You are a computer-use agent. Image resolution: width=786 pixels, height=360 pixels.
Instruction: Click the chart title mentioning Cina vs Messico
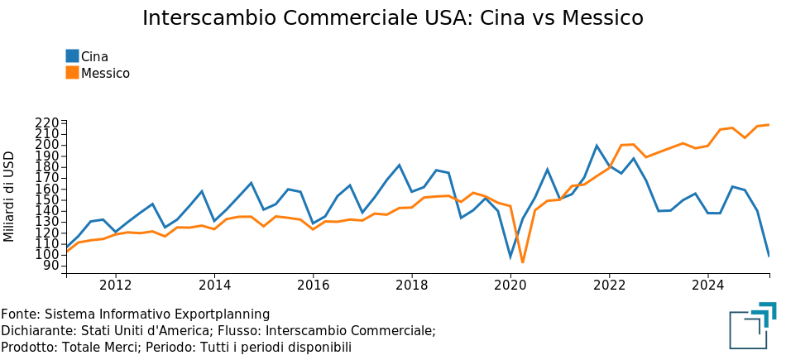pos(392,18)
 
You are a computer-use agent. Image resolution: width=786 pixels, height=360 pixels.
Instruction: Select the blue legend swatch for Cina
pos(72,56)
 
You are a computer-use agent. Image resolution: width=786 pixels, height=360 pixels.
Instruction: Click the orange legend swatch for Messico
pos(72,73)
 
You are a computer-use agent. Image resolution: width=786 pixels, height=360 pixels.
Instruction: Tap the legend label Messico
pos(105,73)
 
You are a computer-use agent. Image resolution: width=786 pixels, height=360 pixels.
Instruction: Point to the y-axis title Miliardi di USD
pos(10,196)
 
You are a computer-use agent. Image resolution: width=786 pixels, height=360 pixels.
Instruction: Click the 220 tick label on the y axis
pos(47,123)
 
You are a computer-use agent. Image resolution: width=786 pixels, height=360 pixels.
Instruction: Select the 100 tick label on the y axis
pos(47,254)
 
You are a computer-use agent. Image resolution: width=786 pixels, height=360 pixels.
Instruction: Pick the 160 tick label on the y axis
pos(47,189)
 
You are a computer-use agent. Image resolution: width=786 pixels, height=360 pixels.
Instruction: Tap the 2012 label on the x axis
pos(115,286)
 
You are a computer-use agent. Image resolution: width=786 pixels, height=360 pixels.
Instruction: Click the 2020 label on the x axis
pos(510,286)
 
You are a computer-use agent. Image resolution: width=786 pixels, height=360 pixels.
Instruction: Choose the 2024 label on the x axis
pos(708,286)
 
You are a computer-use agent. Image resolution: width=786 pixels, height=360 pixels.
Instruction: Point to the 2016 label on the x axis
pos(313,286)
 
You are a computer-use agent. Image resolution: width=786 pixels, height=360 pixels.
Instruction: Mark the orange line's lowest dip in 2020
pos(522,262)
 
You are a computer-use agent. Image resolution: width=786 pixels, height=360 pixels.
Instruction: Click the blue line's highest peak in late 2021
pos(597,146)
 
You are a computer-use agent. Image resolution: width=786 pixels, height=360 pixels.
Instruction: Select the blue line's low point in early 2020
pos(510,257)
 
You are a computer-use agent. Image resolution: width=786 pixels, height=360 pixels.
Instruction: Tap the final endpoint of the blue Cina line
pos(769,256)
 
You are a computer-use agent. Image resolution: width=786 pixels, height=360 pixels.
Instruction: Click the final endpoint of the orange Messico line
pos(769,125)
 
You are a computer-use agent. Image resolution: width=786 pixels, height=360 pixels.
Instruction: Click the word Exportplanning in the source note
pos(221,314)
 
